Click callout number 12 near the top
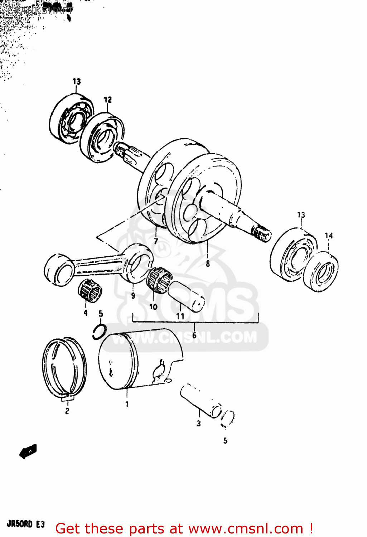(108, 100)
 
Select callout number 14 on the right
(329, 236)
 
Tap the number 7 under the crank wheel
(156, 241)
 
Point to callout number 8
(208, 264)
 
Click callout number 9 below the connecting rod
(133, 296)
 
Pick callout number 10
(153, 307)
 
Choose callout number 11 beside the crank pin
(180, 316)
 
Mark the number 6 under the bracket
(194, 335)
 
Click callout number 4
(86, 313)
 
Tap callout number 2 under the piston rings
(67, 411)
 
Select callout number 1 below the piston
(127, 404)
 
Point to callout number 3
(199, 424)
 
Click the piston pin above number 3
(201, 401)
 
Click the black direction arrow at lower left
(28, 451)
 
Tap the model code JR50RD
(20, 524)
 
